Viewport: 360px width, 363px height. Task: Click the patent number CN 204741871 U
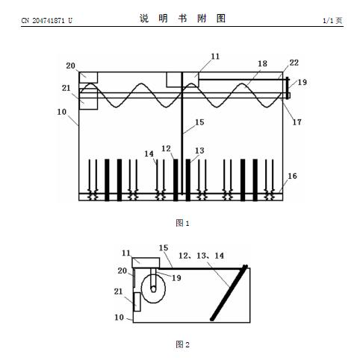point(47,20)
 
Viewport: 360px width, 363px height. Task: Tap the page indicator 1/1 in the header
point(328,20)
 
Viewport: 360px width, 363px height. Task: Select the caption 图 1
point(182,223)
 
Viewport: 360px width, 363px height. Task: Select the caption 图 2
point(182,344)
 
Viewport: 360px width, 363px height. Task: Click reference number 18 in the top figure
point(262,64)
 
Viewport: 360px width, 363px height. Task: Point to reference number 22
point(294,63)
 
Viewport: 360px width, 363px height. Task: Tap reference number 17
point(297,122)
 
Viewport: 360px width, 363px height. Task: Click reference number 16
point(292,176)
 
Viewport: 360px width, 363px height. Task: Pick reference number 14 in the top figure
point(149,154)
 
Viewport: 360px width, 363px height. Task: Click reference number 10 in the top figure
point(62,112)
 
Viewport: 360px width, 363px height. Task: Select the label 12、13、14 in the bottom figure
point(201,256)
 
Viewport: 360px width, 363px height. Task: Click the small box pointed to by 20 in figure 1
point(88,78)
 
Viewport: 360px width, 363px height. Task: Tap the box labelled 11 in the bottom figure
point(146,263)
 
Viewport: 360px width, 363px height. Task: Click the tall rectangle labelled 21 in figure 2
point(137,302)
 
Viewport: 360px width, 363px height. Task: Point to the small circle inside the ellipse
point(153,289)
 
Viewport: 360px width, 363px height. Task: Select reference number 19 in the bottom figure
point(176,278)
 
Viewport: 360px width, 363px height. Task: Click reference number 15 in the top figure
point(199,122)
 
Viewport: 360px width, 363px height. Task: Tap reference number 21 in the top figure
point(66,88)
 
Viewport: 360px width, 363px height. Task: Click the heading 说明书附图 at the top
point(182,19)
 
